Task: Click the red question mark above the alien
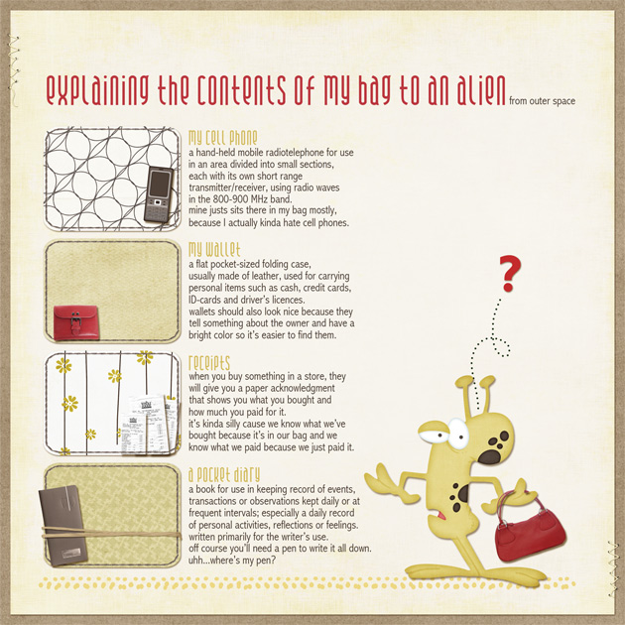click(x=509, y=274)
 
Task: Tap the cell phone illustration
click(x=159, y=194)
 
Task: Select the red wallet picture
click(x=76, y=322)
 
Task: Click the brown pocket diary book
click(x=63, y=525)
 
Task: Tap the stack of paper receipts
click(x=149, y=425)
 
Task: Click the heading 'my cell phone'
click(x=223, y=138)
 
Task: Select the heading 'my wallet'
click(x=214, y=250)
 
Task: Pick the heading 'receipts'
click(x=209, y=363)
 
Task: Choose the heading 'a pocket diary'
click(x=224, y=474)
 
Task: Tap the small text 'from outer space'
click(x=542, y=101)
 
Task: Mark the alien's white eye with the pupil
click(x=458, y=434)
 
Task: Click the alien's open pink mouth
click(x=441, y=516)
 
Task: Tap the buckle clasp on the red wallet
click(x=76, y=322)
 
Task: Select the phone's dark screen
click(x=160, y=184)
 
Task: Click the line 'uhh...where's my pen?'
click(x=232, y=561)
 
